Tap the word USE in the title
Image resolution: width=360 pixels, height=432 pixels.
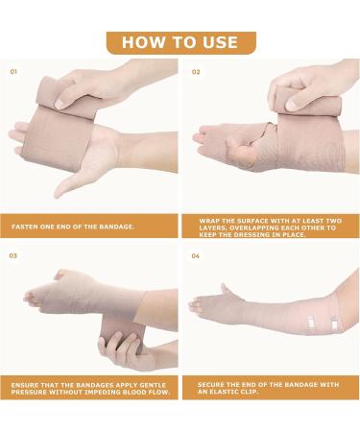point(221,42)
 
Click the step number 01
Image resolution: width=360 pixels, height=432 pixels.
point(13,72)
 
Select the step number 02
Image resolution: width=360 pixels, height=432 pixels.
point(196,72)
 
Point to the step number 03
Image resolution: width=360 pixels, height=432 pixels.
point(13,255)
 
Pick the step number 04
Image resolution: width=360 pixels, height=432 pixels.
point(196,256)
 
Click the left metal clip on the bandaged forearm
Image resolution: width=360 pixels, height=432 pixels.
point(310,323)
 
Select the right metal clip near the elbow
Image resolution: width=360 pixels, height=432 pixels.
point(334,324)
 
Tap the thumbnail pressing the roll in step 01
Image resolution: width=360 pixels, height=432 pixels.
point(60,104)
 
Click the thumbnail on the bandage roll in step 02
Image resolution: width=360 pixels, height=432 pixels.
point(292,105)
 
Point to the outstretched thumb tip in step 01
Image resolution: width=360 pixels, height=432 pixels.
point(58,195)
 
